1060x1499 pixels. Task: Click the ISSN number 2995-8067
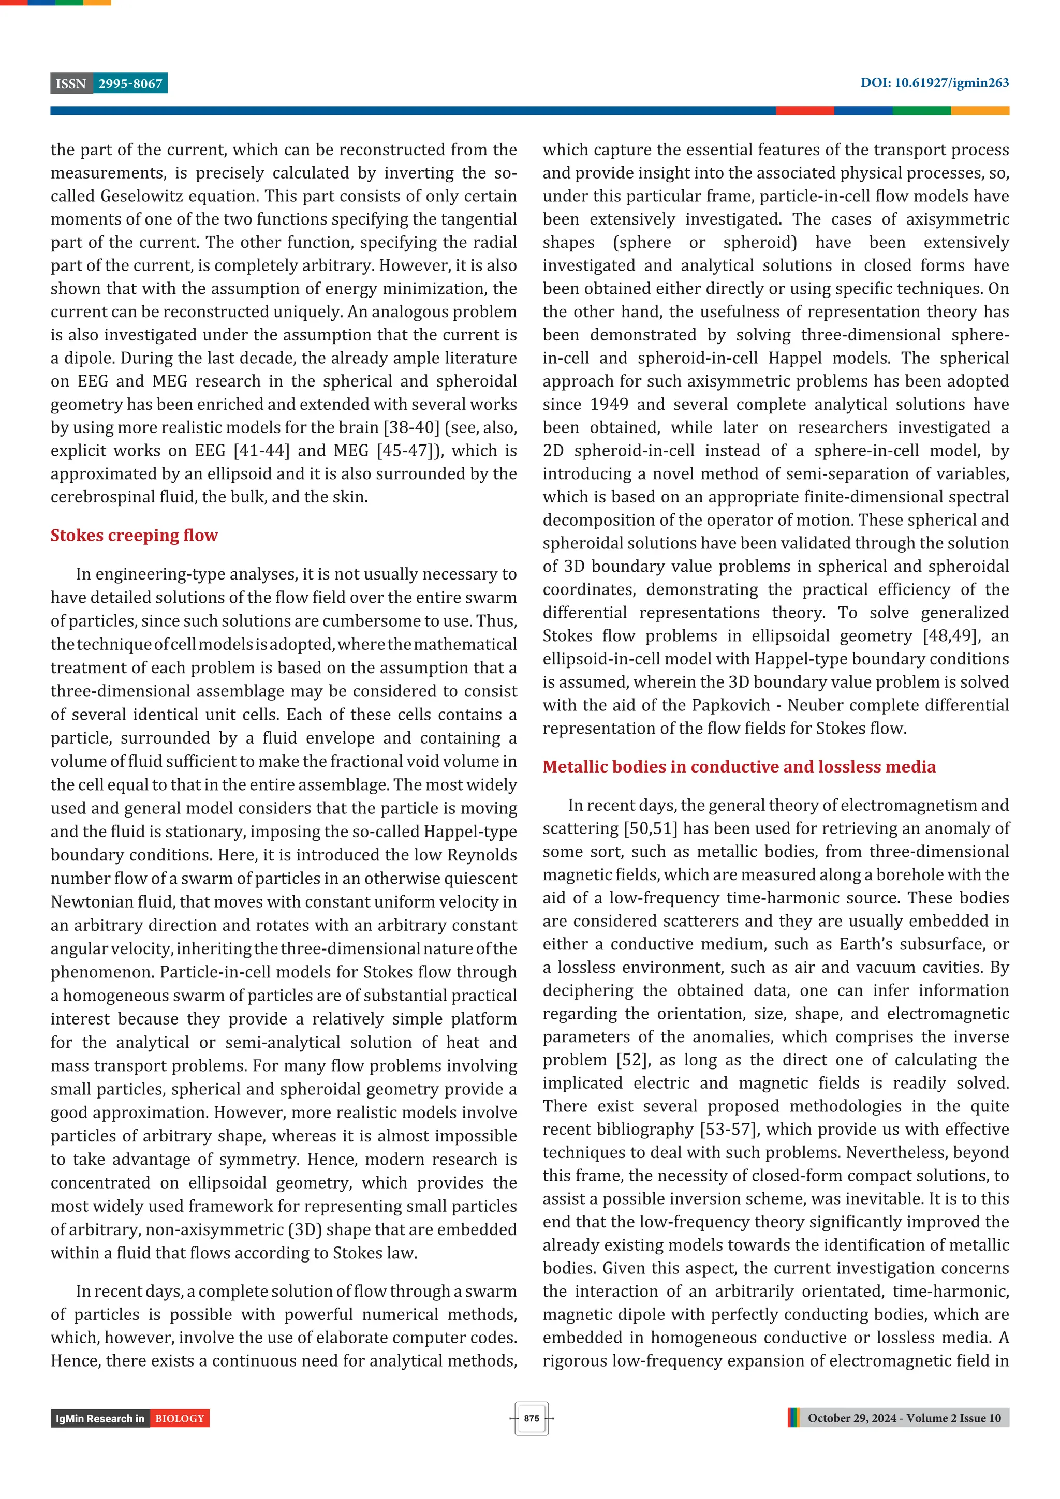(130, 84)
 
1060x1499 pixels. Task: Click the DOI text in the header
(934, 83)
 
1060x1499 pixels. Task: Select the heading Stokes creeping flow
(134, 536)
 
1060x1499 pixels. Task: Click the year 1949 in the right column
(609, 404)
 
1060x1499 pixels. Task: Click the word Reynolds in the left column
(482, 855)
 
